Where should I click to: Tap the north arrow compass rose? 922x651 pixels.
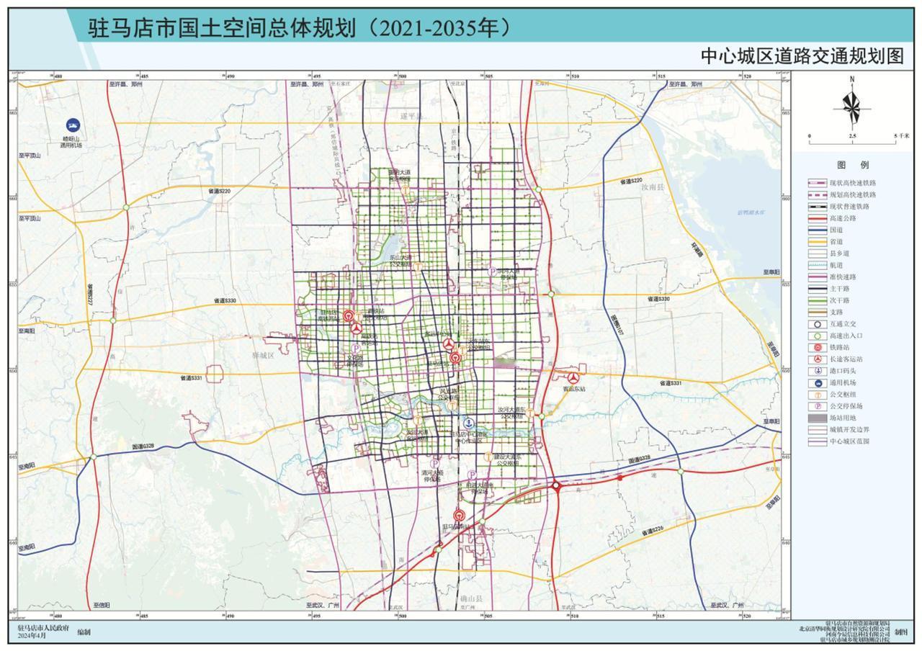pyautogui.click(x=851, y=107)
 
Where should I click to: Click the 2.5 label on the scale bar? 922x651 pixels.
pyautogui.click(x=852, y=136)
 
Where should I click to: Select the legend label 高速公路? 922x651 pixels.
pyautogui.click(x=843, y=218)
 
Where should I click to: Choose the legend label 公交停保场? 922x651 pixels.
pyautogui.click(x=846, y=406)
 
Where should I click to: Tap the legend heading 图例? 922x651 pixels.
pyautogui.click(x=852, y=165)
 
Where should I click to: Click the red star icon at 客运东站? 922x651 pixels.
pyautogui.click(x=573, y=378)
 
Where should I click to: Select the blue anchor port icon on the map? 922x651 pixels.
pyautogui.click(x=468, y=423)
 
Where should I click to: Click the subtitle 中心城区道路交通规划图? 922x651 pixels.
pyautogui.click(x=802, y=57)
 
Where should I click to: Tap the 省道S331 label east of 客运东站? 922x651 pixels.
pyautogui.click(x=668, y=384)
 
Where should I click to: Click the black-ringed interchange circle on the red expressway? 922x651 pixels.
pyautogui.click(x=556, y=487)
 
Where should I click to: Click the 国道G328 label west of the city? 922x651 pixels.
pyautogui.click(x=143, y=446)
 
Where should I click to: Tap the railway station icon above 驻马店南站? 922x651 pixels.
pyautogui.click(x=459, y=515)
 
